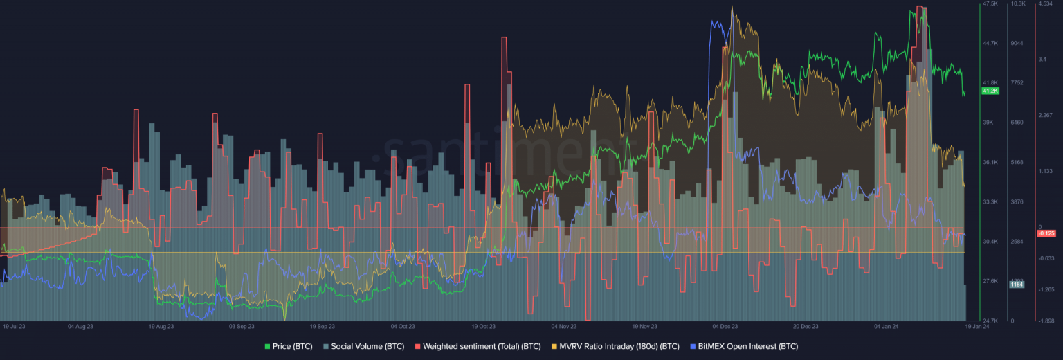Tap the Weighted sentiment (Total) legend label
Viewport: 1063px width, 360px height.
click(477, 345)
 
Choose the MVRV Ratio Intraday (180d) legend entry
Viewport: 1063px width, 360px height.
click(615, 345)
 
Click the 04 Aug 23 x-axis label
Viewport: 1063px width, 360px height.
click(80, 325)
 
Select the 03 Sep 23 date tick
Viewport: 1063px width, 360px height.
click(242, 325)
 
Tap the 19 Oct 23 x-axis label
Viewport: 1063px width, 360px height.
click(484, 325)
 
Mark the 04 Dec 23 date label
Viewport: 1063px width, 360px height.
click(725, 325)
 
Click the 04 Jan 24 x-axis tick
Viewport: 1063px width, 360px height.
click(887, 325)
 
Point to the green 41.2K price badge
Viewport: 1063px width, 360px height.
click(990, 91)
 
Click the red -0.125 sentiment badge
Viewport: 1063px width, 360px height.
click(1046, 233)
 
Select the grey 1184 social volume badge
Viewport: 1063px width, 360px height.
click(1017, 284)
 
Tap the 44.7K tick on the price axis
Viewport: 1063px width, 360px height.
click(990, 43)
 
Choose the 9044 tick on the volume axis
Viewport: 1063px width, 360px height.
click(1017, 43)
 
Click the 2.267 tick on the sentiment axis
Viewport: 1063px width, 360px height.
click(1046, 115)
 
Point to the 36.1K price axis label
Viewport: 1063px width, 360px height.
click(990, 162)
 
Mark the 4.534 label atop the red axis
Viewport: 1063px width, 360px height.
click(1045, 4)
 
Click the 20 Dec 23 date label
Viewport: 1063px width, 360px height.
click(806, 325)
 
